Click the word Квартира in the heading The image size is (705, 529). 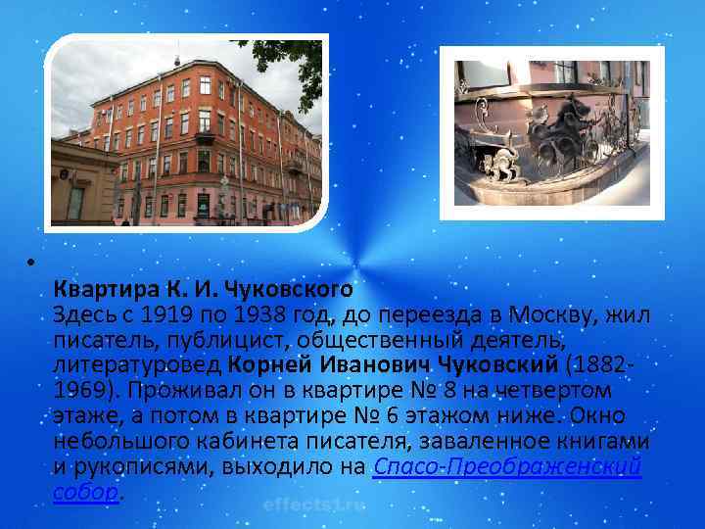click(x=93, y=290)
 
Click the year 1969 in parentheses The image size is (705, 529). click(x=76, y=390)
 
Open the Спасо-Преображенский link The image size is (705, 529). click(x=508, y=466)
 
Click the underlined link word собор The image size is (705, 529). click(x=85, y=492)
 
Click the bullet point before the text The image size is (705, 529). click(x=32, y=264)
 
